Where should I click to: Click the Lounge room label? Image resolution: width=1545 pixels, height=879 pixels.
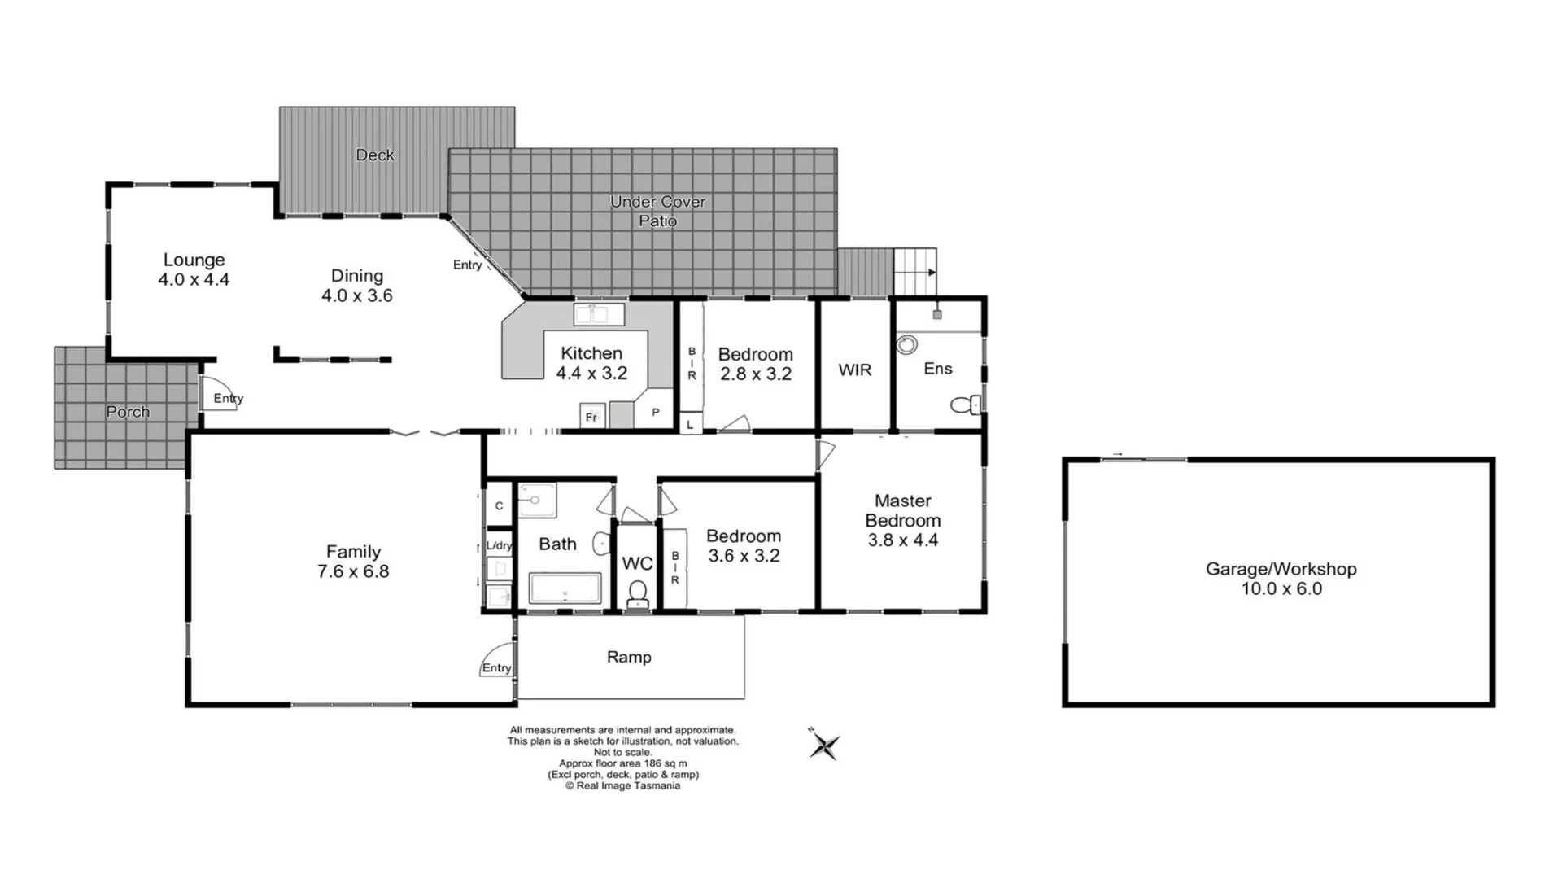[x=194, y=260]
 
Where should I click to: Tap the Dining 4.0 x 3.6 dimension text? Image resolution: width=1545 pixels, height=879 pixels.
[x=356, y=295]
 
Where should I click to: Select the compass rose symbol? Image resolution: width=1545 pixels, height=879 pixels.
[x=823, y=745]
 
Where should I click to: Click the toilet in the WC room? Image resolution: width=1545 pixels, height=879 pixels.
[x=637, y=593]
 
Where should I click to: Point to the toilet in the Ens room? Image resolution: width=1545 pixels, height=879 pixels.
[x=966, y=405]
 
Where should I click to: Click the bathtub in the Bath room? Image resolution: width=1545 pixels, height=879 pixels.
[x=565, y=588]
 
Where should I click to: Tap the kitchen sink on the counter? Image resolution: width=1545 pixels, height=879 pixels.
[x=599, y=313]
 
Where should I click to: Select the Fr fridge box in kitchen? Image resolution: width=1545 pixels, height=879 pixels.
[x=591, y=416]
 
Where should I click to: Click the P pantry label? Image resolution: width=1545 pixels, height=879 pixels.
[x=655, y=413]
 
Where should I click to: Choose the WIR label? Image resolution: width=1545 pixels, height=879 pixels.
[x=854, y=370]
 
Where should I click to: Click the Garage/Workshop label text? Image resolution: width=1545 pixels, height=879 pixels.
[x=1281, y=569]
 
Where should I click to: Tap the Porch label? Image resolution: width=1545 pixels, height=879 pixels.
[x=128, y=412]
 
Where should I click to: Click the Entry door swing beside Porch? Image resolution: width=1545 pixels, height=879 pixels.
[x=216, y=393]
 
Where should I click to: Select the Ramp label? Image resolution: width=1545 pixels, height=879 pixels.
[x=629, y=657]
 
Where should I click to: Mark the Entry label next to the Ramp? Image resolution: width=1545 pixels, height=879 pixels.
[x=496, y=667]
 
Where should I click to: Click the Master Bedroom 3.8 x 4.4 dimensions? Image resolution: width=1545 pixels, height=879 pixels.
[x=902, y=540]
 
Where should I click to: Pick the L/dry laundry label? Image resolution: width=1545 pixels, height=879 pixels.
[x=499, y=545]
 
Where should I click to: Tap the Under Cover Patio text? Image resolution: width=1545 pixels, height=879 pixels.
[x=657, y=211]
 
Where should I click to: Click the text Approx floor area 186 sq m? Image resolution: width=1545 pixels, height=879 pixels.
[x=622, y=763]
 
